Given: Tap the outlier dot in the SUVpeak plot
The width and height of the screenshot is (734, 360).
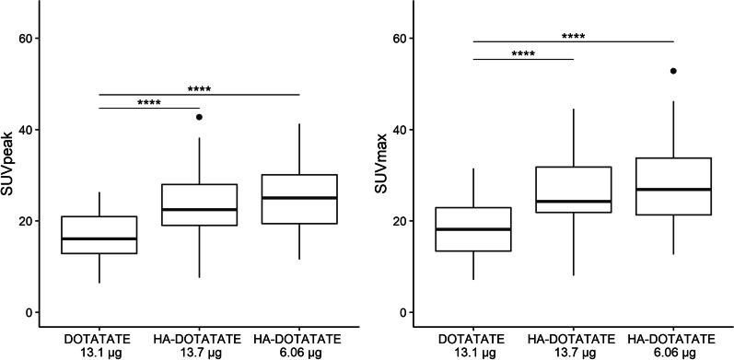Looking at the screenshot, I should pyautogui.click(x=199, y=117).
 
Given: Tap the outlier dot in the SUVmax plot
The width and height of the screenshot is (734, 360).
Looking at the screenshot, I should pyautogui.click(x=674, y=71).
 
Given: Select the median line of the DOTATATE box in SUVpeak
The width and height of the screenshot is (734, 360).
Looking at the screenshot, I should pyautogui.click(x=99, y=238).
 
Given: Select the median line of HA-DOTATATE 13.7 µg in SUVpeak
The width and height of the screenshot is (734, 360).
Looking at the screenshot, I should pyautogui.click(x=199, y=209).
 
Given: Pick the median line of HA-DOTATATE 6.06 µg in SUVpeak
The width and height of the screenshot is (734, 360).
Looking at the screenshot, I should pyautogui.click(x=299, y=198).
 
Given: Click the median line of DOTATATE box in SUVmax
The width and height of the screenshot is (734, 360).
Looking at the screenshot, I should pyautogui.click(x=473, y=229).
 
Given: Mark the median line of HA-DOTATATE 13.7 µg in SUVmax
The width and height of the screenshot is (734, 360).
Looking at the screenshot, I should pyautogui.click(x=574, y=202).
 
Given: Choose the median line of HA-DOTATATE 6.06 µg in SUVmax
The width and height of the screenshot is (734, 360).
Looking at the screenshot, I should pyautogui.click(x=674, y=190).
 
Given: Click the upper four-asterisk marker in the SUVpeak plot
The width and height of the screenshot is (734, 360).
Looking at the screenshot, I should pyautogui.click(x=199, y=89).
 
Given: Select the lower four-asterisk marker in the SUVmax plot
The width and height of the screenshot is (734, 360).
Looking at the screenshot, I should pyautogui.click(x=523, y=54).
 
